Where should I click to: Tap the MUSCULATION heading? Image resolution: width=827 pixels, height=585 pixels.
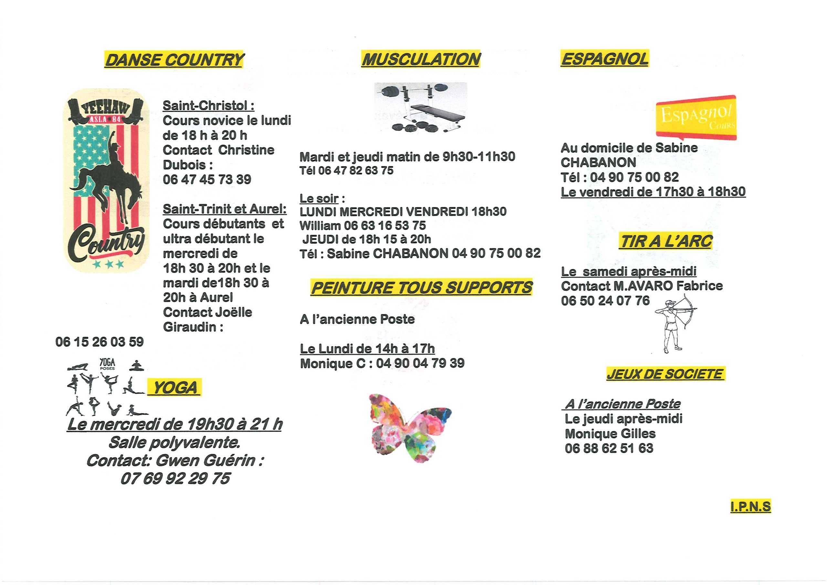[x=421, y=59]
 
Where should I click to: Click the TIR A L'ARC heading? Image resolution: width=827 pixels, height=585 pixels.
[x=666, y=241]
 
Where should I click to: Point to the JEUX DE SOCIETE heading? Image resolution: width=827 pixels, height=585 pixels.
[x=665, y=374]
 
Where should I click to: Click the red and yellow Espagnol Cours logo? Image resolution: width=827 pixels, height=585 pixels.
[x=696, y=118]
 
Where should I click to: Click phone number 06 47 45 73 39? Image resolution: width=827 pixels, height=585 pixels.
[x=207, y=179]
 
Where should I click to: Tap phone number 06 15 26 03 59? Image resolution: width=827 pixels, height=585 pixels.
[x=99, y=342]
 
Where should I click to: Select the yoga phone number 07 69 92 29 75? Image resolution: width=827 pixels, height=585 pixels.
[x=175, y=478]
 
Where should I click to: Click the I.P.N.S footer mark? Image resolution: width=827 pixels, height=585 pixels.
[x=751, y=507]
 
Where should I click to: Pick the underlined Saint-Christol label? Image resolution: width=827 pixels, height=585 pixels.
[x=209, y=106]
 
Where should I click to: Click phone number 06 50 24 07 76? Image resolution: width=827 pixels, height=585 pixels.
[x=605, y=301]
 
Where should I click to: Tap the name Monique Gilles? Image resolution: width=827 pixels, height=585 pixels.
[x=610, y=433]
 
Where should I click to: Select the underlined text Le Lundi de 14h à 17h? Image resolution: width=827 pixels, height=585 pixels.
[x=367, y=348]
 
